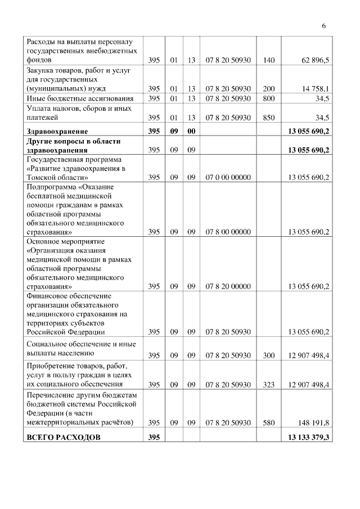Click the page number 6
point(324,25)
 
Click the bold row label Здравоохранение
point(55,131)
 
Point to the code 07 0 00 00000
point(228,178)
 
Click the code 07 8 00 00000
point(228,232)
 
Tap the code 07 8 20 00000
point(228,286)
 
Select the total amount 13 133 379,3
point(308,438)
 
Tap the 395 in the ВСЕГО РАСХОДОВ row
point(154,438)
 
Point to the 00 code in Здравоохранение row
point(191,131)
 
